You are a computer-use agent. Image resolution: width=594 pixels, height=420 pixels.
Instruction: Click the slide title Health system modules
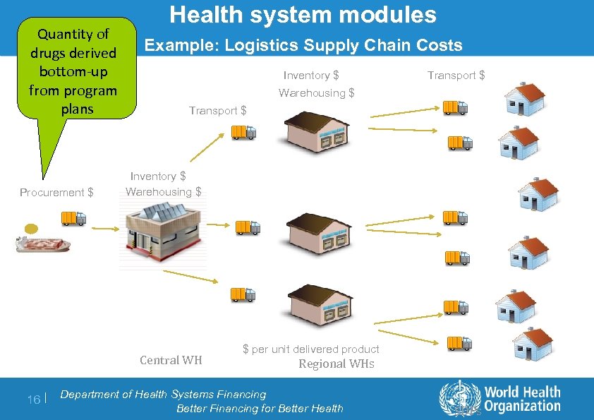pyautogui.click(x=303, y=15)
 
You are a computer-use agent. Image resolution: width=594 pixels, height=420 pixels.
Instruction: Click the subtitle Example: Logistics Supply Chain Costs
pyautogui.click(x=303, y=46)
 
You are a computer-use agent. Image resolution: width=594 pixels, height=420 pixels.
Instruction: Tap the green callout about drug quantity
pyautogui.click(x=73, y=71)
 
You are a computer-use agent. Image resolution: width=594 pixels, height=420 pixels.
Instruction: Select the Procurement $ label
pyautogui.click(x=56, y=192)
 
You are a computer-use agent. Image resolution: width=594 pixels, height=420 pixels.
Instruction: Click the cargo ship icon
pyautogui.click(x=42, y=244)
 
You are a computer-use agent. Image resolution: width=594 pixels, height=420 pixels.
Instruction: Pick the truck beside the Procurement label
pyautogui.click(x=73, y=218)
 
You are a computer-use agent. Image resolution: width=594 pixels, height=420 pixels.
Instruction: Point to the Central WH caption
pyautogui.click(x=171, y=360)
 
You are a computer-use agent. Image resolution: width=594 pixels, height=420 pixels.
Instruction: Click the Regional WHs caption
pyautogui.click(x=336, y=364)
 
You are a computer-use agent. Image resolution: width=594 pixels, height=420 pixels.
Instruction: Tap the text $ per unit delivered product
pyautogui.click(x=310, y=349)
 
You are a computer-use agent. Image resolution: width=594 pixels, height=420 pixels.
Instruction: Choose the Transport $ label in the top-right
pyautogui.click(x=456, y=76)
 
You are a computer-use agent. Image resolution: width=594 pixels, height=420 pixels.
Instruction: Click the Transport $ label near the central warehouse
pyautogui.click(x=218, y=110)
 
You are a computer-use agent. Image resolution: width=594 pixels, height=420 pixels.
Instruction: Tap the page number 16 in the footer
pyautogui.click(x=33, y=400)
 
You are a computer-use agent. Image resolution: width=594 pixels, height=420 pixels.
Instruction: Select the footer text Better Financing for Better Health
pyautogui.click(x=260, y=408)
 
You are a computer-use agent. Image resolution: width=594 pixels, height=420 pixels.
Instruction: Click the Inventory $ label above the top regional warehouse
pyautogui.click(x=310, y=76)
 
